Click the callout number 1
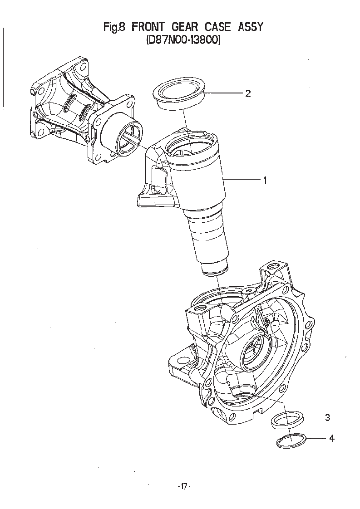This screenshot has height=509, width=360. (266, 180)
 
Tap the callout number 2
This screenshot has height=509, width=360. (248, 94)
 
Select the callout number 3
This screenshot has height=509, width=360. (328, 418)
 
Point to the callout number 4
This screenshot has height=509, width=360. (332, 439)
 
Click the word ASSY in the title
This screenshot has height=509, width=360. (250, 27)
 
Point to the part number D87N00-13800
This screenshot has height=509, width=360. (183, 40)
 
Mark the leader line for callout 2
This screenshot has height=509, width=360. (224, 93)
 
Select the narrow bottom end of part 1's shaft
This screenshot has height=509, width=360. (215, 269)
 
